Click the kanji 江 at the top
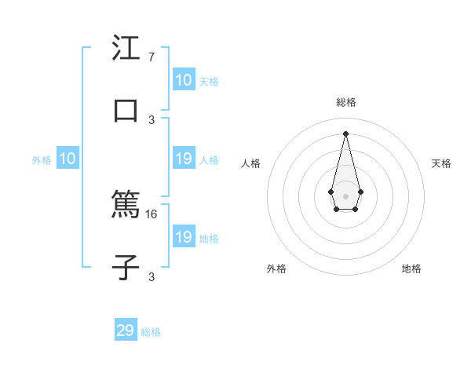click(126, 49)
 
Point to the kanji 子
click(126, 267)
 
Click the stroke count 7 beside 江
click(152, 57)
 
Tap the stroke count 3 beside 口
click(152, 119)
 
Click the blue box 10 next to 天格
click(183, 80)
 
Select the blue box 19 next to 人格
click(183, 159)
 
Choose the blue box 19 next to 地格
click(183, 237)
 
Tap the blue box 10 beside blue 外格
click(68, 159)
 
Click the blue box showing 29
click(126, 331)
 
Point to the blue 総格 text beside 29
click(151, 332)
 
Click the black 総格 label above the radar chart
click(345, 102)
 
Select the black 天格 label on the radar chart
click(441, 163)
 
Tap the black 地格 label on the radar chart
click(411, 269)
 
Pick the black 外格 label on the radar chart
click(276, 269)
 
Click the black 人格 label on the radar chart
click(251, 163)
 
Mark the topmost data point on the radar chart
click(345, 133)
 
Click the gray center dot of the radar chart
click(345, 195)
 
